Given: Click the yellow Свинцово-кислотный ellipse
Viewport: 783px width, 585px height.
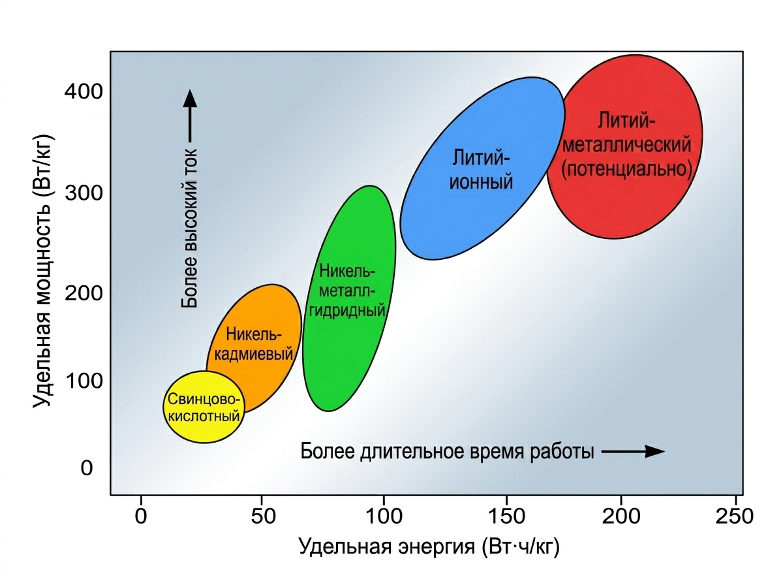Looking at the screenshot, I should click(204, 407).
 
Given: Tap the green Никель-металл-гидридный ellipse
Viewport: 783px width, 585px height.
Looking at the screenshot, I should click(349, 298).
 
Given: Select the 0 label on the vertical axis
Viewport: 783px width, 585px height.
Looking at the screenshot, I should click(87, 468).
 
